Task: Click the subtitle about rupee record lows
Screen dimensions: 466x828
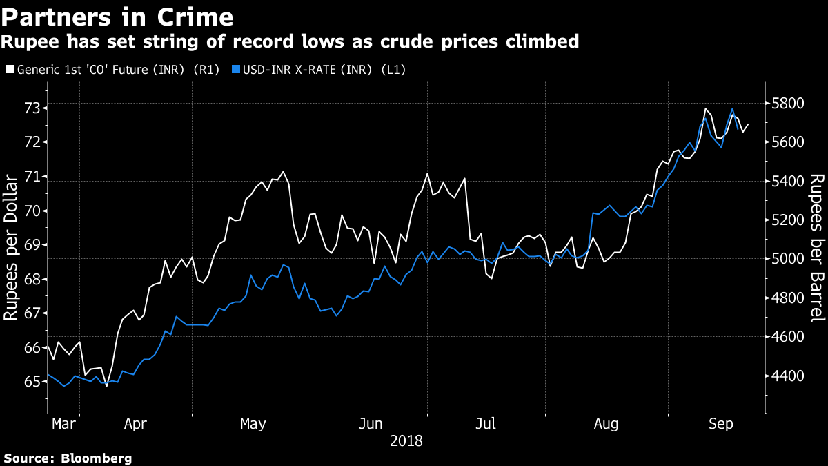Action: [290, 42]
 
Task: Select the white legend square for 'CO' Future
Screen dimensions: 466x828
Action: [9, 69]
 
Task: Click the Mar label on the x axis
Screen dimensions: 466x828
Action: [64, 423]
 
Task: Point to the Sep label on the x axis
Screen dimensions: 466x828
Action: [721, 423]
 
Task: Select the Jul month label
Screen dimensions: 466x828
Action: [486, 423]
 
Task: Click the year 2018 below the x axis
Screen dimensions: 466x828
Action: [406, 440]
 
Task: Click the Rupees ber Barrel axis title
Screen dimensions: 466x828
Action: [817, 247]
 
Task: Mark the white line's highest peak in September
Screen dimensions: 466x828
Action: [706, 109]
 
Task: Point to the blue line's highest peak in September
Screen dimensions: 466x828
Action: [732, 108]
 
